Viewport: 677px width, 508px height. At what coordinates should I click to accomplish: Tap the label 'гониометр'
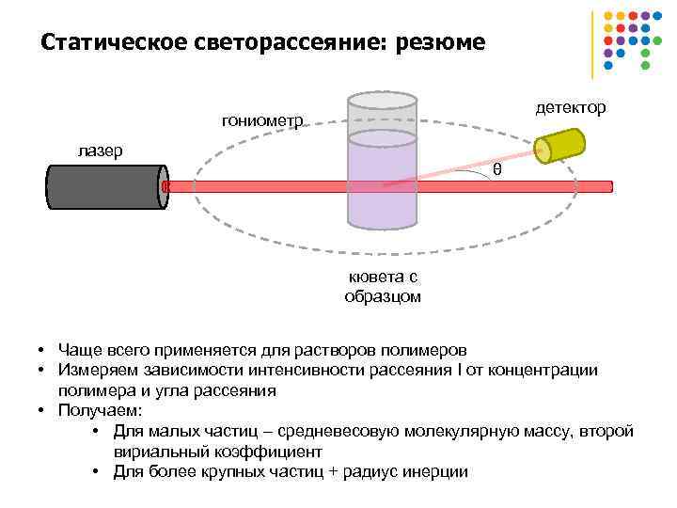tap(262, 120)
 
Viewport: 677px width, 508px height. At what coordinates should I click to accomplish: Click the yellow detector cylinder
tap(560, 145)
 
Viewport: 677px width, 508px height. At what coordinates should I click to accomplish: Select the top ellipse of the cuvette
tap(382, 101)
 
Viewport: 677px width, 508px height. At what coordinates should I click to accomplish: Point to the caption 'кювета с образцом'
tap(383, 287)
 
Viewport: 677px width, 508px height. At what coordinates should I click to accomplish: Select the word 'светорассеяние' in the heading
tap(285, 43)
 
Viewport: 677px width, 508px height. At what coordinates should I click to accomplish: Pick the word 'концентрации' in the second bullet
tap(549, 370)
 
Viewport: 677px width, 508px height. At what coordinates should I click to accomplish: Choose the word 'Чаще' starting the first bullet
tap(76, 350)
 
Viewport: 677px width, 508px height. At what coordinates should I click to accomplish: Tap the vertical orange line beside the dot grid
tap(592, 43)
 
